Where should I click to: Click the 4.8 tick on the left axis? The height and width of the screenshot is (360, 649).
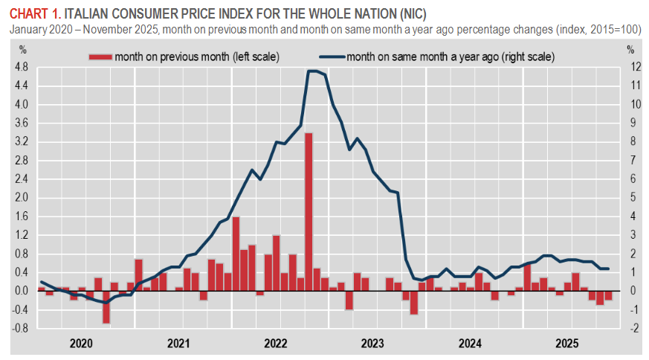21,67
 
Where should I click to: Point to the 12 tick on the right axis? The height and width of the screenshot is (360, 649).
632,67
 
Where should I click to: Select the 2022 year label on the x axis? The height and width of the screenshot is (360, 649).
275,344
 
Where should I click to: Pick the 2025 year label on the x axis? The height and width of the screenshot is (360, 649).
568,344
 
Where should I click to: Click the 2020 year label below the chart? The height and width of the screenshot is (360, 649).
80,344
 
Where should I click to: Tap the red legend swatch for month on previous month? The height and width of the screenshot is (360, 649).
100,57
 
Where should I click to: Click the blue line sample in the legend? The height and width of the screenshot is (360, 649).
332,57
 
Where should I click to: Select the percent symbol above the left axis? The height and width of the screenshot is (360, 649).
22,49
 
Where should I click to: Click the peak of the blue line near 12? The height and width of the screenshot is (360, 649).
313,71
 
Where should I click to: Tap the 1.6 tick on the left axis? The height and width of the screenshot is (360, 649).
21,216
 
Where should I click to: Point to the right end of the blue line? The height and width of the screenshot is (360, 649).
608,269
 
